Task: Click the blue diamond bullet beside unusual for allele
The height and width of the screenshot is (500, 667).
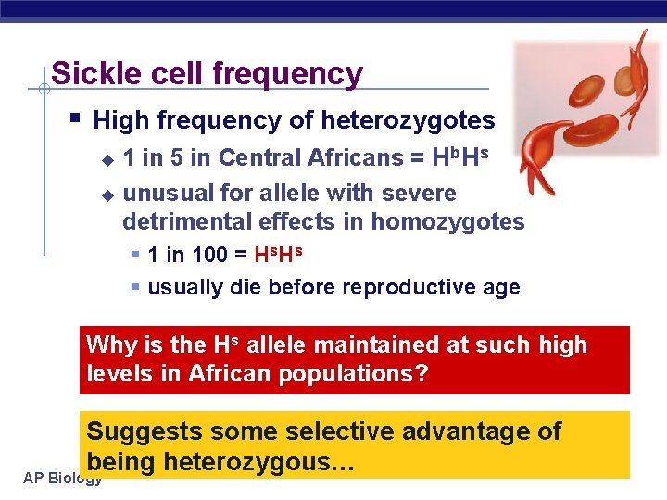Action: coord(107,194)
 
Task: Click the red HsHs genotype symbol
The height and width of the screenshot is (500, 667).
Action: coord(278,255)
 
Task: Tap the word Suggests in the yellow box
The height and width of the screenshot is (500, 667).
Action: coord(145,431)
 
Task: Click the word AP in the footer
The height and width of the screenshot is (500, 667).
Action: coord(33,478)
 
